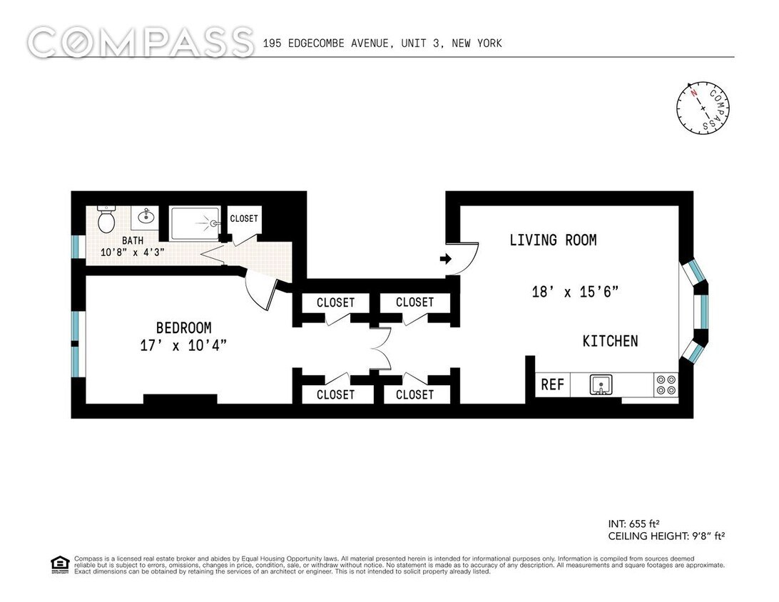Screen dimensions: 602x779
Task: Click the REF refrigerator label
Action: pyautogui.click(x=552, y=384)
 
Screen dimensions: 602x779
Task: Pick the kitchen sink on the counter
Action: pyautogui.click(x=601, y=385)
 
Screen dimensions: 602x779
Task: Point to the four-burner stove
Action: pyautogui.click(x=666, y=385)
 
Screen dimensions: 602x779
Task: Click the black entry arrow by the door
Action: pyautogui.click(x=446, y=259)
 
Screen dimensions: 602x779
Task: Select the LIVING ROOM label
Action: pyautogui.click(x=553, y=240)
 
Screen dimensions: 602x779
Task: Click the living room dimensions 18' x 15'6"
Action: pyautogui.click(x=574, y=291)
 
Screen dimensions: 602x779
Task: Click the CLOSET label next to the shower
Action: pyautogui.click(x=244, y=218)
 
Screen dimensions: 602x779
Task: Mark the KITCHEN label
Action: pyautogui.click(x=610, y=341)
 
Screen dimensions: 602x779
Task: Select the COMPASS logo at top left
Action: pyautogui.click(x=141, y=43)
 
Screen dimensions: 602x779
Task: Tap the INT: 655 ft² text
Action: pyautogui.click(x=636, y=523)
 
